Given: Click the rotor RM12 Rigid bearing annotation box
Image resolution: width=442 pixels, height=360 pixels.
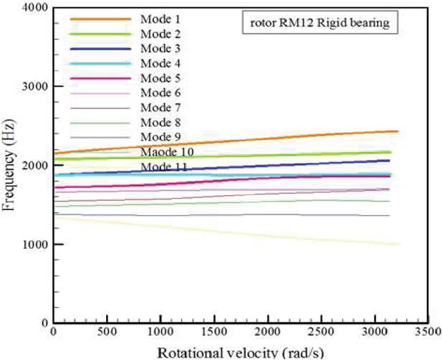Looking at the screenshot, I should coord(320,24).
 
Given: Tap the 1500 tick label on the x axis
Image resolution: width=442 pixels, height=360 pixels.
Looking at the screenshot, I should coord(213,333).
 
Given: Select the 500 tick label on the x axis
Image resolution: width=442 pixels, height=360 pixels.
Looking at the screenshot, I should coord(107,333).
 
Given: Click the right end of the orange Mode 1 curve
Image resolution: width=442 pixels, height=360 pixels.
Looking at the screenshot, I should coord(396,131).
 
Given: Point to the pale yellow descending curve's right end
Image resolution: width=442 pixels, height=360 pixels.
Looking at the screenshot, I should coord(396,245).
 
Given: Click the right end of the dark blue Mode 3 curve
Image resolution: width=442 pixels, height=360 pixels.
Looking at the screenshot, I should coord(389,161).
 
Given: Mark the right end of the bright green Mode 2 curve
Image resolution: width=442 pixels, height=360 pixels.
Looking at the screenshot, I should coord(390,152).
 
